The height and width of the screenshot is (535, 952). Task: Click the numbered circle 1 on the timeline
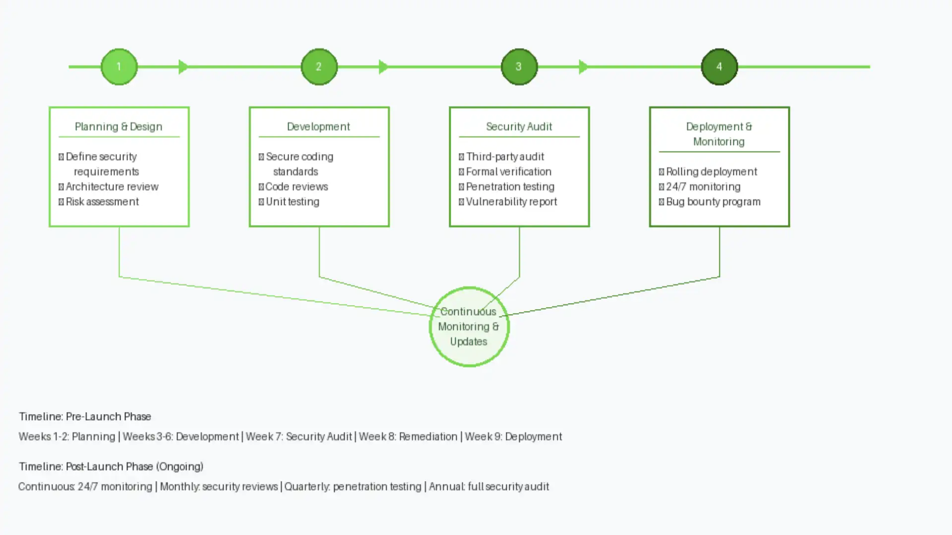(119, 67)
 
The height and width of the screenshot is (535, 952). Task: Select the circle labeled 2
(319, 67)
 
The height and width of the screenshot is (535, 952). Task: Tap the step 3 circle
(519, 67)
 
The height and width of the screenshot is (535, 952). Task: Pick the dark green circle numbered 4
(719, 67)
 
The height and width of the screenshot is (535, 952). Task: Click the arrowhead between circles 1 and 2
(183, 67)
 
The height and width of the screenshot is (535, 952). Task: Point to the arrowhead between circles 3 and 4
(584, 67)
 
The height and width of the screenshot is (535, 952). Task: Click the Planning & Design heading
(119, 127)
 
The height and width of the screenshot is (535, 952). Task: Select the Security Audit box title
(519, 127)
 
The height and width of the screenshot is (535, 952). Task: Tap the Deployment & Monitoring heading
(719, 134)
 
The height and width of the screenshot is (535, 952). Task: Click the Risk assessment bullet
(102, 202)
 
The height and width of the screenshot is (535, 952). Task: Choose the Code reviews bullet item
(296, 187)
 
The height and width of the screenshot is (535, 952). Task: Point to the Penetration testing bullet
(510, 187)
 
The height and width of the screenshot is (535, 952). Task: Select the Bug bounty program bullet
(713, 202)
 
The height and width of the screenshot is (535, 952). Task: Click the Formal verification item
(508, 171)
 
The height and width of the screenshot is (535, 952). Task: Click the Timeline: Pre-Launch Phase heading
(85, 417)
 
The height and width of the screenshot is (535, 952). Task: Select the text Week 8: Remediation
(408, 436)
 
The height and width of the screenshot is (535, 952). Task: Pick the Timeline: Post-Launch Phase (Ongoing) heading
(111, 467)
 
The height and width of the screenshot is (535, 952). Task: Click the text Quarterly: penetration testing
(353, 486)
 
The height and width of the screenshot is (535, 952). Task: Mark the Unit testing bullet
(292, 202)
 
